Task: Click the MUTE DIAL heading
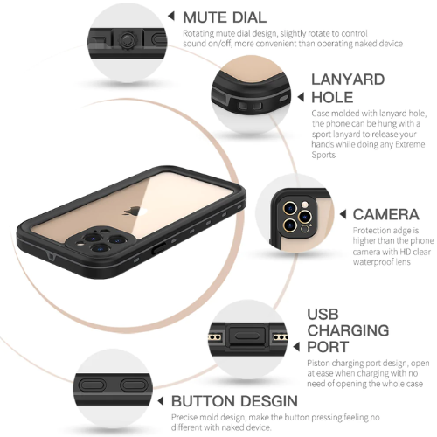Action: pos(225,17)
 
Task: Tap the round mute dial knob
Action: pos(127,39)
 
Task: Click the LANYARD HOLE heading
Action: pos(348,88)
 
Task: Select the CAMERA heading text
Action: pos(385,214)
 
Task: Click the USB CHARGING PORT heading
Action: pos(348,330)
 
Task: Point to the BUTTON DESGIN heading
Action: pos(234,401)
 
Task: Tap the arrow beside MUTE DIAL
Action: pos(171,16)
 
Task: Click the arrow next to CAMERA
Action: pos(343,214)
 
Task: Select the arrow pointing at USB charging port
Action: pos(296,347)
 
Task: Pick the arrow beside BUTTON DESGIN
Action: pos(160,401)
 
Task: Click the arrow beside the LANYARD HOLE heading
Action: pos(301,97)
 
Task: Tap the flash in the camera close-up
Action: pos(305,204)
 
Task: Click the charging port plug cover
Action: pos(247,336)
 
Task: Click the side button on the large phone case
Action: pos(159,248)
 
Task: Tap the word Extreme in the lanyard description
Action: pos(410,144)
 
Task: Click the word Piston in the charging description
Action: pos(318,364)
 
